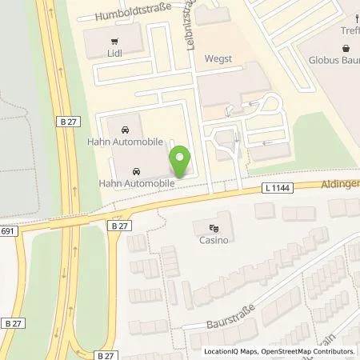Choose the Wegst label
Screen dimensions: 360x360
[x=219, y=58]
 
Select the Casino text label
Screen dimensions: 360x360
[x=213, y=239]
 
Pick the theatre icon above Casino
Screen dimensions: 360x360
[x=213, y=226]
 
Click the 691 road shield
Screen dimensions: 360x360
[x=7, y=232]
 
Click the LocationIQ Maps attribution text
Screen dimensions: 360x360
[x=234, y=351]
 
